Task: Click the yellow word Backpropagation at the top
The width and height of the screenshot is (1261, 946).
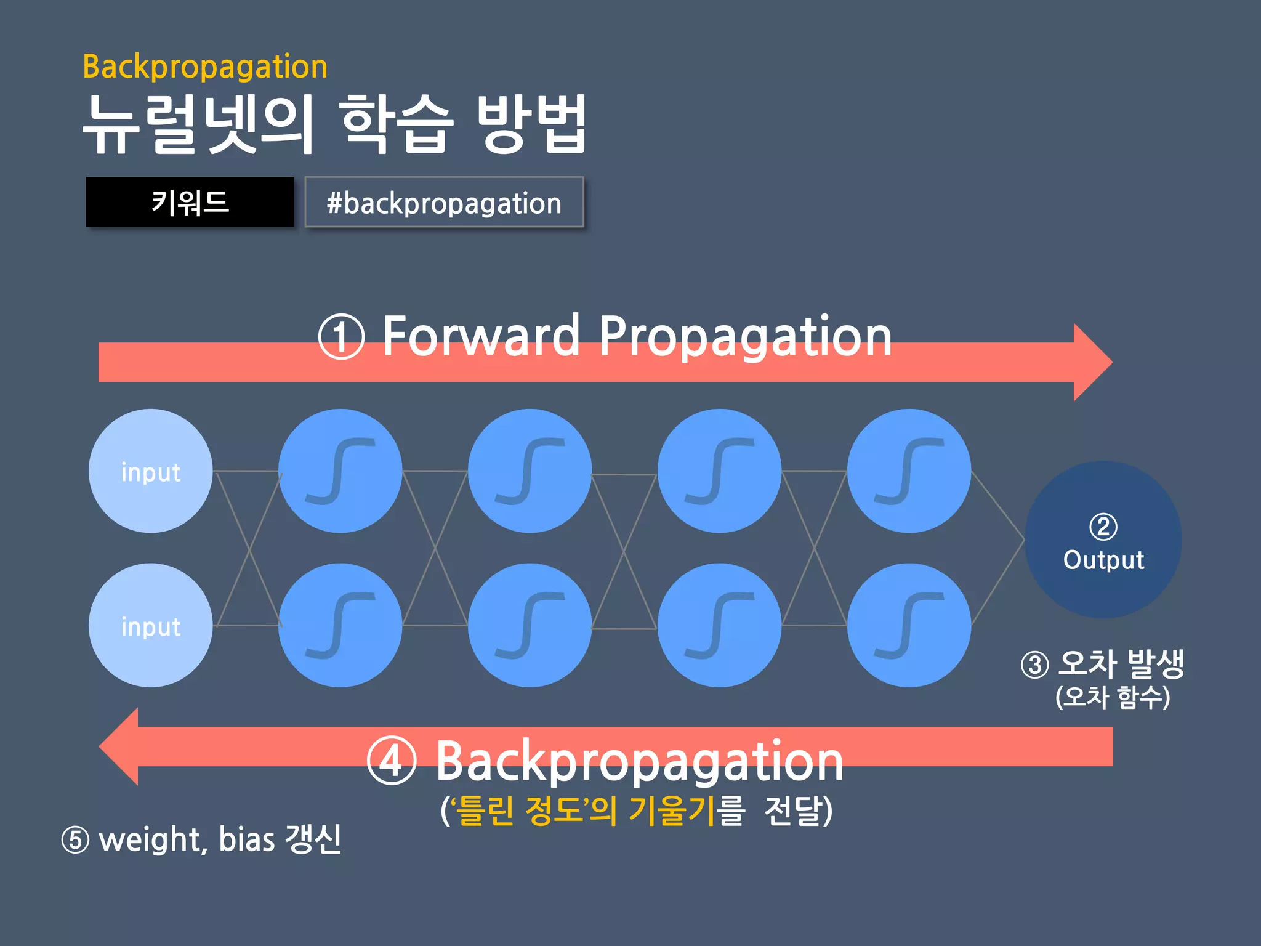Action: pyautogui.click(x=205, y=67)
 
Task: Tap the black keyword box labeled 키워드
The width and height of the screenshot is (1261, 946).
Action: pyautogui.click(x=190, y=202)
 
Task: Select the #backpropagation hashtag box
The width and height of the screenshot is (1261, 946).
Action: pyautogui.click(x=444, y=203)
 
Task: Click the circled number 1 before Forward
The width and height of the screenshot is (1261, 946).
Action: pyautogui.click(x=341, y=337)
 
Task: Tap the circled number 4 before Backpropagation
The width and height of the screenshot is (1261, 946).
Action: pyautogui.click(x=392, y=761)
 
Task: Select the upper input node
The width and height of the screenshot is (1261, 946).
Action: pyautogui.click(x=151, y=471)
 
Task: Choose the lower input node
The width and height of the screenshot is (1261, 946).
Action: pyautogui.click(x=151, y=625)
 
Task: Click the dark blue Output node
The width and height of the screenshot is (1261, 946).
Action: pyautogui.click(x=1103, y=540)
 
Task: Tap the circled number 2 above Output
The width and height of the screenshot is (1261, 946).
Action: pyautogui.click(x=1103, y=527)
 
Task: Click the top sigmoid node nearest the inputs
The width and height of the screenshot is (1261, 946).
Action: pyautogui.click(x=340, y=471)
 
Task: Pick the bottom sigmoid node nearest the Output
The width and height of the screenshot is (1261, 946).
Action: pyautogui.click(x=909, y=625)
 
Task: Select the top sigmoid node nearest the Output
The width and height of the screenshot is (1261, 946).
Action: pyautogui.click(x=909, y=471)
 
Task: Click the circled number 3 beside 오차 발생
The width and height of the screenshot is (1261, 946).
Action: pyautogui.click(x=1035, y=665)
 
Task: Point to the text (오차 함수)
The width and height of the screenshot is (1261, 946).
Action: pyautogui.click(x=1113, y=697)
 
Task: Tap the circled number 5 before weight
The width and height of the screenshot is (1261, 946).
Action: pyautogui.click(x=76, y=840)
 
